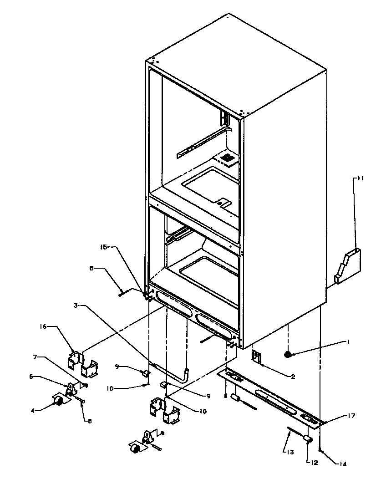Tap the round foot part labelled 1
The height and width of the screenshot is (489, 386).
pos(288,354)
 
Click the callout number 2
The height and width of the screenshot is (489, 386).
pos(293,377)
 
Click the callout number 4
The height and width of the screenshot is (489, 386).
pos(33,410)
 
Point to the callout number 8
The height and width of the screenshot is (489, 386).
pos(90,421)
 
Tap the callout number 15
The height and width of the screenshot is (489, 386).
pos(103,247)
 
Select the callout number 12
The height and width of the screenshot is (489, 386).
pos(314,463)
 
